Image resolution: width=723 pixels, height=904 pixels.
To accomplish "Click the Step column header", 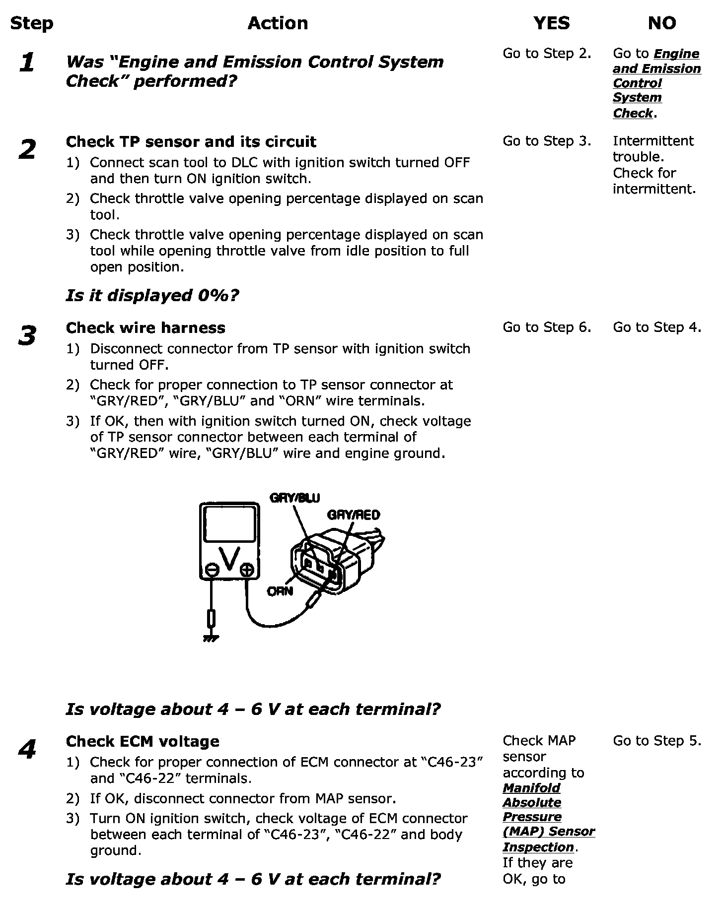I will [31, 23].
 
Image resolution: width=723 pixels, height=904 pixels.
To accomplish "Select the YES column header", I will [552, 23].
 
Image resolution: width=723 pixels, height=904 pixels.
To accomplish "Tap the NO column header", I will [662, 23].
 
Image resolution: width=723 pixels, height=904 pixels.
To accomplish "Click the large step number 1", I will [27, 63].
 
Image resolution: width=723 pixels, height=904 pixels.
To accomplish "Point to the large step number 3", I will [27, 336].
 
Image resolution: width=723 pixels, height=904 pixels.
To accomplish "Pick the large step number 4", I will [27, 750].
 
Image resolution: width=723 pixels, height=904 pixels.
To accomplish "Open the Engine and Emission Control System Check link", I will [656, 83].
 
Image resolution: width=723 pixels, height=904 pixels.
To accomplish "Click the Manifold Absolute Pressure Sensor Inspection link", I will [548, 817].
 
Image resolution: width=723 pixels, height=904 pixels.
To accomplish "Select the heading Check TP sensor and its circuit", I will [191, 142].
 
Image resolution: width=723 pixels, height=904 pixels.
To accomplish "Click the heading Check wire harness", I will [145, 328].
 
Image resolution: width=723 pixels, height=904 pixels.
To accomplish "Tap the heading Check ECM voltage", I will [143, 742].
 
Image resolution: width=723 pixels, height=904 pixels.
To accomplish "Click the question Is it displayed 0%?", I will [152, 296].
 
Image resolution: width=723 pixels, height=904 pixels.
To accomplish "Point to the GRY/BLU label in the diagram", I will [294, 498].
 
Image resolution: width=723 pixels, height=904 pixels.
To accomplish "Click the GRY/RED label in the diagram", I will [353, 515].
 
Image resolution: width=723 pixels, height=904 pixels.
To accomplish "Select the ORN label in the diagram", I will [280, 591].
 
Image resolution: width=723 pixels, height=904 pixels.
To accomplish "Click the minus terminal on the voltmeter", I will [212, 570].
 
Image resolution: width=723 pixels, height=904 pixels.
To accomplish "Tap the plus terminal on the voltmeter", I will [247, 570].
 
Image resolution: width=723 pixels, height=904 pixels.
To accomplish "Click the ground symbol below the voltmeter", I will [211, 638].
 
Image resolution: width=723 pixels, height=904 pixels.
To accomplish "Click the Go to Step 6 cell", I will [547, 327].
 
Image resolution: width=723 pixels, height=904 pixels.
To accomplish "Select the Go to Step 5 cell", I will [657, 741].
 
